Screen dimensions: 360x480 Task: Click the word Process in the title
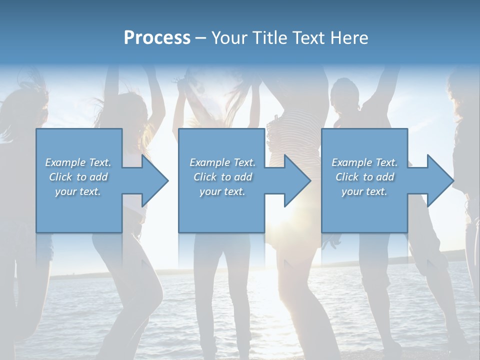pos(157,38)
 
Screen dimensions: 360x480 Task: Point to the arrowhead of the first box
pos(153,180)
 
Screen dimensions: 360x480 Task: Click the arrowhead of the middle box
pos(295,180)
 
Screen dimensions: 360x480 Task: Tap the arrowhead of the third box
pos(438,180)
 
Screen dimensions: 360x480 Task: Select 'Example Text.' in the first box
pos(78,162)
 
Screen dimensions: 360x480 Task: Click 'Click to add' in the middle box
pos(222,177)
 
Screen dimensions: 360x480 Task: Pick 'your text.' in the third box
pos(364,191)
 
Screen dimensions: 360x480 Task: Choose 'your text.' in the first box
pos(78,191)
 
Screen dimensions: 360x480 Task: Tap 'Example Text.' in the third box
pos(364,162)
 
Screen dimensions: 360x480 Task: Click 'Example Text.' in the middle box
pos(222,162)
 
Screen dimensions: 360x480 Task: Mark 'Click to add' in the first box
pos(78,177)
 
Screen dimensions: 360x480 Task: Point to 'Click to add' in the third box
pos(364,177)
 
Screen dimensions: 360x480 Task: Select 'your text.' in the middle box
pos(222,191)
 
